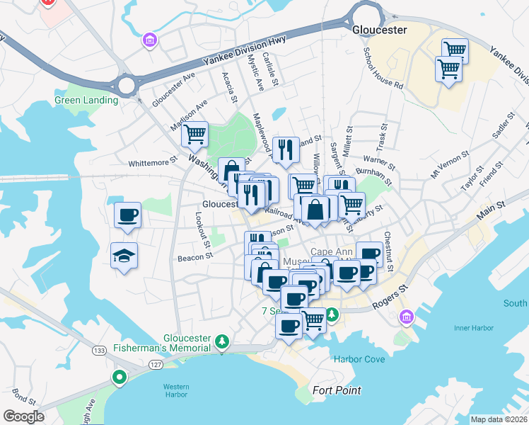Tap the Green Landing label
click(x=86, y=100)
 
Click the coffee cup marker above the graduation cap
click(x=127, y=215)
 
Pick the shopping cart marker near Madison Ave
click(x=195, y=133)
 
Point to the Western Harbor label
click(x=175, y=391)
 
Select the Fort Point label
click(x=337, y=390)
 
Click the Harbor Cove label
click(x=359, y=359)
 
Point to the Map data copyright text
click(x=499, y=419)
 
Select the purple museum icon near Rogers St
click(x=407, y=316)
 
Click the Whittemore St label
click(x=151, y=163)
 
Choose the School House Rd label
click(x=383, y=68)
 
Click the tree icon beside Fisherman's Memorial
click(x=222, y=342)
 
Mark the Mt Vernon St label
click(x=450, y=164)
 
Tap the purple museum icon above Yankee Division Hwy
click(x=149, y=40)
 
